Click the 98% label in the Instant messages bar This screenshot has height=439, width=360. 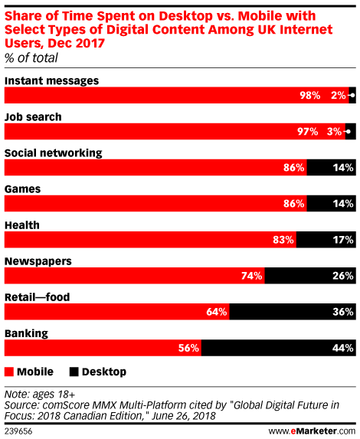[310, 96]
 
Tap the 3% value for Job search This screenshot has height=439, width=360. [334, 131]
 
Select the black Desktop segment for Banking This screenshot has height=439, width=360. [279, 348]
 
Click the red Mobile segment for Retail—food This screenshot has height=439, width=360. [116, 312]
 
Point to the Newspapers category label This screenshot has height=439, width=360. [38, 261]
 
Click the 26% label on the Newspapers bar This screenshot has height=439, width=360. [343, 276]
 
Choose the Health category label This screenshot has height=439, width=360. [22, 225]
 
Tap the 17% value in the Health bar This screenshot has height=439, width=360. [343, 240]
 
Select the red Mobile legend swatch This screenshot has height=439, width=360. [9, 372]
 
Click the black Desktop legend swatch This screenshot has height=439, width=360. [74, 372]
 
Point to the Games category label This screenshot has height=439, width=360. [23, 189]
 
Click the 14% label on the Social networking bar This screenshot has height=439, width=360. [343, 168]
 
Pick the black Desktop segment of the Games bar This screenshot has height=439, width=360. [331, 204]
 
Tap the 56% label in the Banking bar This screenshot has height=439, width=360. [188, 348]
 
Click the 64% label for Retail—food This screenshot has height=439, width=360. [217, 312]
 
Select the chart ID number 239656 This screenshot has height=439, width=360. [18, 431]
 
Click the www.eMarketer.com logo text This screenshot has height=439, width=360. [312, 431]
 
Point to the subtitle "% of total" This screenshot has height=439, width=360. [31, 58]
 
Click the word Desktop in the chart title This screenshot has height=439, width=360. [186, 16]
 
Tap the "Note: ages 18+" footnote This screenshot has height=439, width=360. [40, 395]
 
